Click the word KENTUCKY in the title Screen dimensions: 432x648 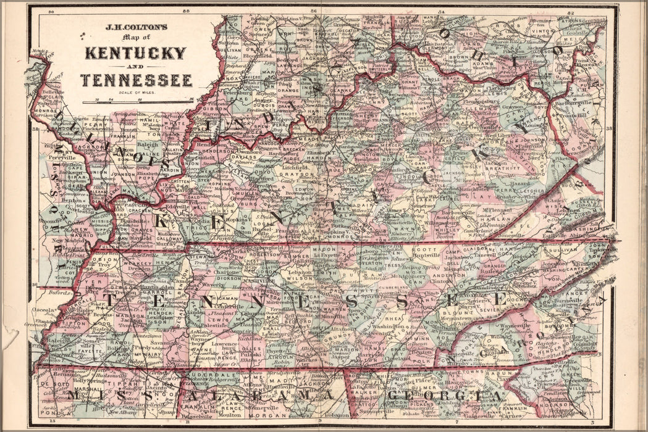(135, 52)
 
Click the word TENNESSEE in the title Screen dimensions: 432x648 (136, 80)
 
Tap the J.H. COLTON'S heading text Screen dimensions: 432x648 (135, 28)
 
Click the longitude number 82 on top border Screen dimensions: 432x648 (571, 12)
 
